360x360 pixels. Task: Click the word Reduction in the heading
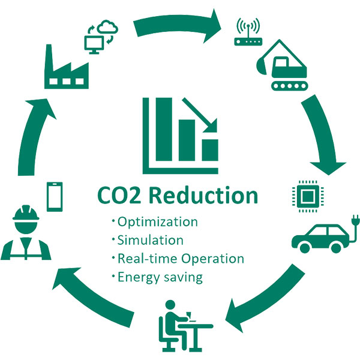coord(213,196)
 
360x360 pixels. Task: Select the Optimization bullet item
coord(157,221)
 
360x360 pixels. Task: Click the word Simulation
coord(150,240)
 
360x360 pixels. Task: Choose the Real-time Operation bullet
coord(180,259)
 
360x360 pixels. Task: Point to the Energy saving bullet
coord(160,277)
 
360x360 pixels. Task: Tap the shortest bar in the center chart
coord(210,149)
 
